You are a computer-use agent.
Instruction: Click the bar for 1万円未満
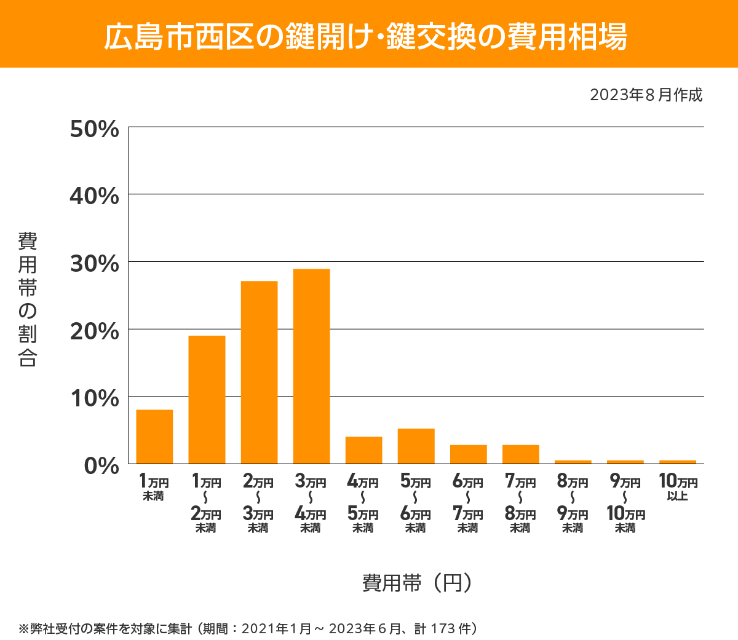(154, 437)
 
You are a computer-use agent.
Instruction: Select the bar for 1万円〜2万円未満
(207, 400)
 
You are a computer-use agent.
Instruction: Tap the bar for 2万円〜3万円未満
(259, 372)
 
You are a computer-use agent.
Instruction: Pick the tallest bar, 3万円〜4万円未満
(311, 366)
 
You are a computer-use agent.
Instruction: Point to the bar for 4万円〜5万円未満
(363, 450)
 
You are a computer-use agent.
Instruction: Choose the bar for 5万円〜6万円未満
(416, 446)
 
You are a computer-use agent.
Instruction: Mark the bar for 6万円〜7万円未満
(468, 454)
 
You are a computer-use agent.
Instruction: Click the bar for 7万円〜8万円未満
(520, 454)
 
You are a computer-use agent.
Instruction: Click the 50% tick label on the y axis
(94, 129)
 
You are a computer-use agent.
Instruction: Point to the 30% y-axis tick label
(94, 264)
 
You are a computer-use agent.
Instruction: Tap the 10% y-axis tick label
(94, 398)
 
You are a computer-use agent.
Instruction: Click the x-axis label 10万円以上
(678, 488)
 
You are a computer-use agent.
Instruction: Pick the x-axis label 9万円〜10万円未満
(625, 504)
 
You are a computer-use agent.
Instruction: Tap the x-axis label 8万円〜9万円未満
(573, 504)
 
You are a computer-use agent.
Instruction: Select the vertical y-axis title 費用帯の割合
(28, 299)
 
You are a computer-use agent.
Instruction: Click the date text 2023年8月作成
(646, 95)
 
